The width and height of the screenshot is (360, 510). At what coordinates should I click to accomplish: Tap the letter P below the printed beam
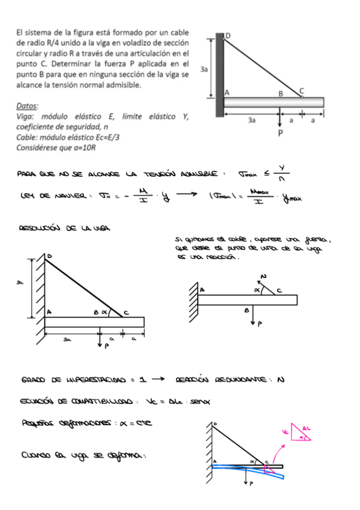279,132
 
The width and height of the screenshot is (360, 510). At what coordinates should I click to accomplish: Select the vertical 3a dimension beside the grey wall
205,69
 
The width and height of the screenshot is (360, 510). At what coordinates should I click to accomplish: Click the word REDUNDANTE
243,379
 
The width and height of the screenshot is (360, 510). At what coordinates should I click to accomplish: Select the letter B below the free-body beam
246,311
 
